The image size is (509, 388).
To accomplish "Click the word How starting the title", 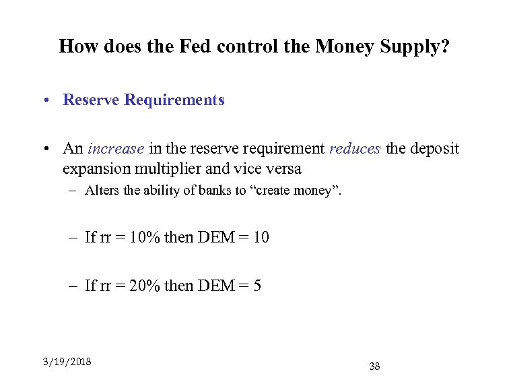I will (x=76, y=46).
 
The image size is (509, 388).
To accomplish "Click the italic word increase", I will (x=116, y=148).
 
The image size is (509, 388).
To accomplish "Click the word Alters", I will (x=103, y=190).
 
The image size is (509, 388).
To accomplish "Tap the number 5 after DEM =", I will (x=258, y=286).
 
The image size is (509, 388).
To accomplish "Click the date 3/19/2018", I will (x=67, y=361).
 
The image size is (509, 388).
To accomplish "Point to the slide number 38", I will (x=375, y=366).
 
